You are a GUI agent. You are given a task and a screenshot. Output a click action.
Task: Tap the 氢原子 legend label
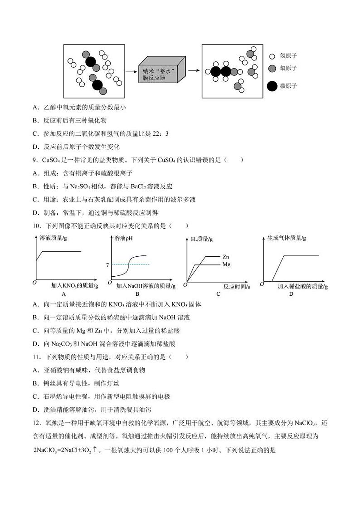pos(288,56)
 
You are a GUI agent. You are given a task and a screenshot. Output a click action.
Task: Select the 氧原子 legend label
pos(288,68)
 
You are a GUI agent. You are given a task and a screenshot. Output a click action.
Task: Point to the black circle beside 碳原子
pos(272,86)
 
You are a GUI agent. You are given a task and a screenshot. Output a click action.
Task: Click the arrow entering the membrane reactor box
pos(131,71)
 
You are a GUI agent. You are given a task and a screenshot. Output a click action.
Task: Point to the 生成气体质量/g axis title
pos(287,237)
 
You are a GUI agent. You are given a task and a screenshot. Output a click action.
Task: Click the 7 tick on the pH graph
pos(107,264)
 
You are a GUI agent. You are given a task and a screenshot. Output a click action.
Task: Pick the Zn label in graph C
pos(225,257)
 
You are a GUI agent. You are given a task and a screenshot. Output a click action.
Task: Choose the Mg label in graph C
pos(226,264)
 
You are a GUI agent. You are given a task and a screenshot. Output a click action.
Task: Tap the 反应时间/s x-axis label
pos(237,286)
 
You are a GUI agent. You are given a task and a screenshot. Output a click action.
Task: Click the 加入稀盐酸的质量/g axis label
pos(302,286)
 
